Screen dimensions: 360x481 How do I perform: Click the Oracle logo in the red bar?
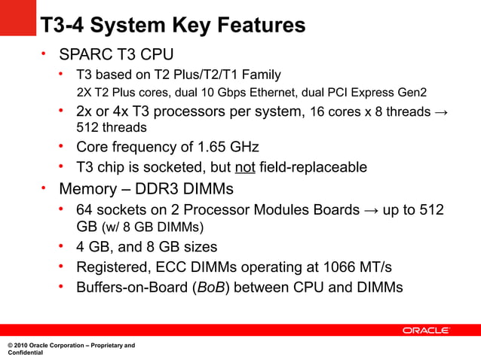(x=426, y=331)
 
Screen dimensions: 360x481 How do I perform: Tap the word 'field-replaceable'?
(x=313, y=166)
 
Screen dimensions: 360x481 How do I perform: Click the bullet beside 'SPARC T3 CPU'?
(x=44, y=53)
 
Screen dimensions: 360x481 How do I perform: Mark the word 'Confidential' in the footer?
(x=25, y=352)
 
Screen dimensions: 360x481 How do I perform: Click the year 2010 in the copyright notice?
(x=23, y=345)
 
